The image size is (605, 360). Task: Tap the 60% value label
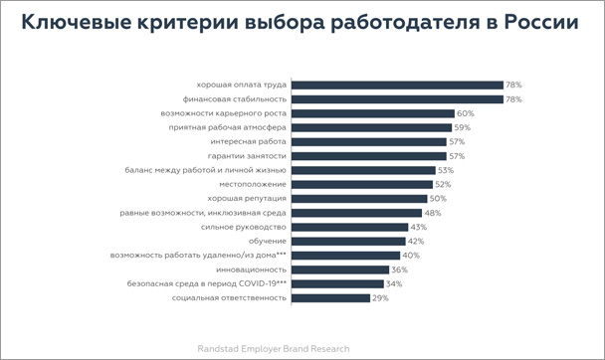click(466, 113)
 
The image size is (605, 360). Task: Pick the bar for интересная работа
click(369, 142)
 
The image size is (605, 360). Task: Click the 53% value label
click(447, 170)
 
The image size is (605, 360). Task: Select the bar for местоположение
click(361, 184)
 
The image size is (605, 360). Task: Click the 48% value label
click(433, 213)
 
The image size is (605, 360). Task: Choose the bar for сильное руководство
click(349, 227)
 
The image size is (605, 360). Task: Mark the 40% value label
click(410, 256)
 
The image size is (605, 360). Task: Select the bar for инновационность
click(340, 270)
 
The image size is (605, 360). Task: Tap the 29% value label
click(380, 297)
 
